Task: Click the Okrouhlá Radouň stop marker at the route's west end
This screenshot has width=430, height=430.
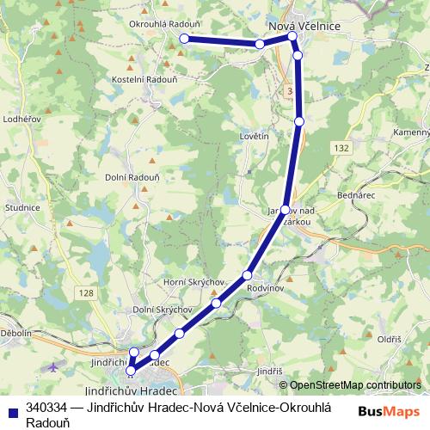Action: pos(184,39)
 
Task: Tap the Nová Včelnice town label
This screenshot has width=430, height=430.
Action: pos(305,27)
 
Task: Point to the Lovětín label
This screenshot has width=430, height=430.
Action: pos(255,136)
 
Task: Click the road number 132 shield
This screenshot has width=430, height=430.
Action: pos(342,148)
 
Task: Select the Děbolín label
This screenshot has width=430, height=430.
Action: pos(15,332)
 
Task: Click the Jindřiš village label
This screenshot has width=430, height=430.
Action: pos(269,371)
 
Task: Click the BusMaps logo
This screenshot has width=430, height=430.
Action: pos(389,412)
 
